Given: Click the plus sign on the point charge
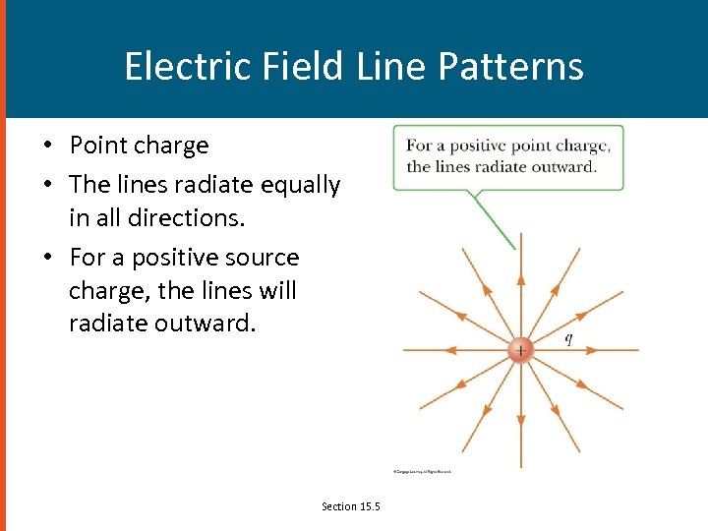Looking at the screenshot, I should point(520,350).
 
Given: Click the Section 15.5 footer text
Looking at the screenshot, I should point(350,505).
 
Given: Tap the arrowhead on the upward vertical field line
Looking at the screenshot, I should point(520,279).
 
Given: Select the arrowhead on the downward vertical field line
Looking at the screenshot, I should point(520,421).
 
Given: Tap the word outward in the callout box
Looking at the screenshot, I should point(567,166).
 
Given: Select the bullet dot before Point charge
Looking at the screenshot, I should point(47,147).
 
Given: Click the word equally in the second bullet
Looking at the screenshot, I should point(299,185).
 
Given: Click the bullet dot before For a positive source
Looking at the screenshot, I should point(47,259).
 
